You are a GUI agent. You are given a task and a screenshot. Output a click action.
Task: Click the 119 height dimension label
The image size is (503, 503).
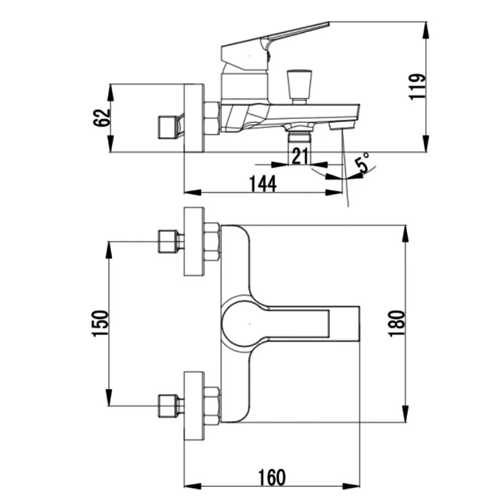(418, 87)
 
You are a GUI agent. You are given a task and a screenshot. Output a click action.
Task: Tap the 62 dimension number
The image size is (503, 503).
(102, 118)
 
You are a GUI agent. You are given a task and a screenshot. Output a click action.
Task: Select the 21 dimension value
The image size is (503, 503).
(300, 156)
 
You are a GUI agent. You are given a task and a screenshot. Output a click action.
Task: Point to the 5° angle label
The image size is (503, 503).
(362, 163)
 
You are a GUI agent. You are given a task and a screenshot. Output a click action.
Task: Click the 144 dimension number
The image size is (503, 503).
(263, 184)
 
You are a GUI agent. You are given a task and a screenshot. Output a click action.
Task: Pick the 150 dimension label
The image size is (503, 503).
(101, 323)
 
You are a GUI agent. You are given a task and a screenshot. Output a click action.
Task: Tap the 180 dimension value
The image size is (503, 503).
(397, 323)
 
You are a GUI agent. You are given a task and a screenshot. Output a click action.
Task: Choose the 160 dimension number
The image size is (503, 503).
(272, 478)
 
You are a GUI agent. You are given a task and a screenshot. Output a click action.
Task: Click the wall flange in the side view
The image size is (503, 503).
(194, 118)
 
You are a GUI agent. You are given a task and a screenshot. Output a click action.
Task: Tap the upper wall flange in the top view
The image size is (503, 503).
(194, 241)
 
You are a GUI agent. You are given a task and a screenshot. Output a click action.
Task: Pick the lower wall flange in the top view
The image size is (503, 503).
(194, 406)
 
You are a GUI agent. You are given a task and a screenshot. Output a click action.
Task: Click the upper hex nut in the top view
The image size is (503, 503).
(212, 241)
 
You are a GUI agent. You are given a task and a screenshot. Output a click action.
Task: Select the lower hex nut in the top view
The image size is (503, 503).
(212, 406)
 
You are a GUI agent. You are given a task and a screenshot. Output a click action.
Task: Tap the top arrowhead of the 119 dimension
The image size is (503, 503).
(426, 31)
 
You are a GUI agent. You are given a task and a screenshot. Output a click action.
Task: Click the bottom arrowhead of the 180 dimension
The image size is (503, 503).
(405, 413)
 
